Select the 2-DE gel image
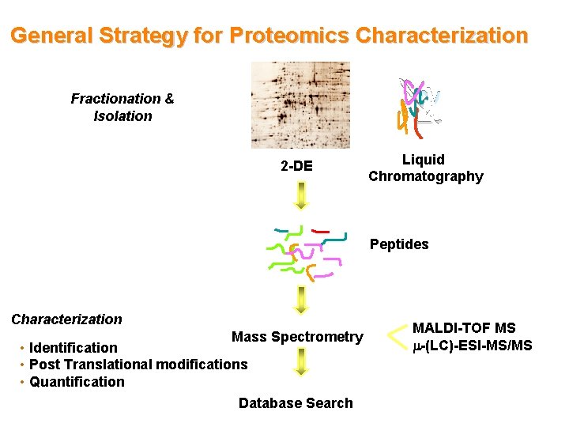pyautogui.click(x=300, y=104)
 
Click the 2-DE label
pyautogui.click(x=296, y=167)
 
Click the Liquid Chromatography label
pyautogui.click(x=425, y=168)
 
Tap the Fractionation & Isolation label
pyautogui.click(x=122, y=108)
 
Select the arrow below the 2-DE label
pyautogui.click(x=300, y=195)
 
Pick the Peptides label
pyautogui.click(x=399, y=244)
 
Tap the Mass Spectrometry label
pyautogui.click(x=297, y=338)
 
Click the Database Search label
pyautogui.click(x=296, y=403)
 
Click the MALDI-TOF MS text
pyautogui.click(x=464, y=328)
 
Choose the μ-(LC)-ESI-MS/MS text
pyautogui.click(x=473, y=346)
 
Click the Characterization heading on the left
pyautogui.click(x=66, y=319)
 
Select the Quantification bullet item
pyautogui.click(x=77, y=382)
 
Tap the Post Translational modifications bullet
pyautogui.click(x=138, y=365)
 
